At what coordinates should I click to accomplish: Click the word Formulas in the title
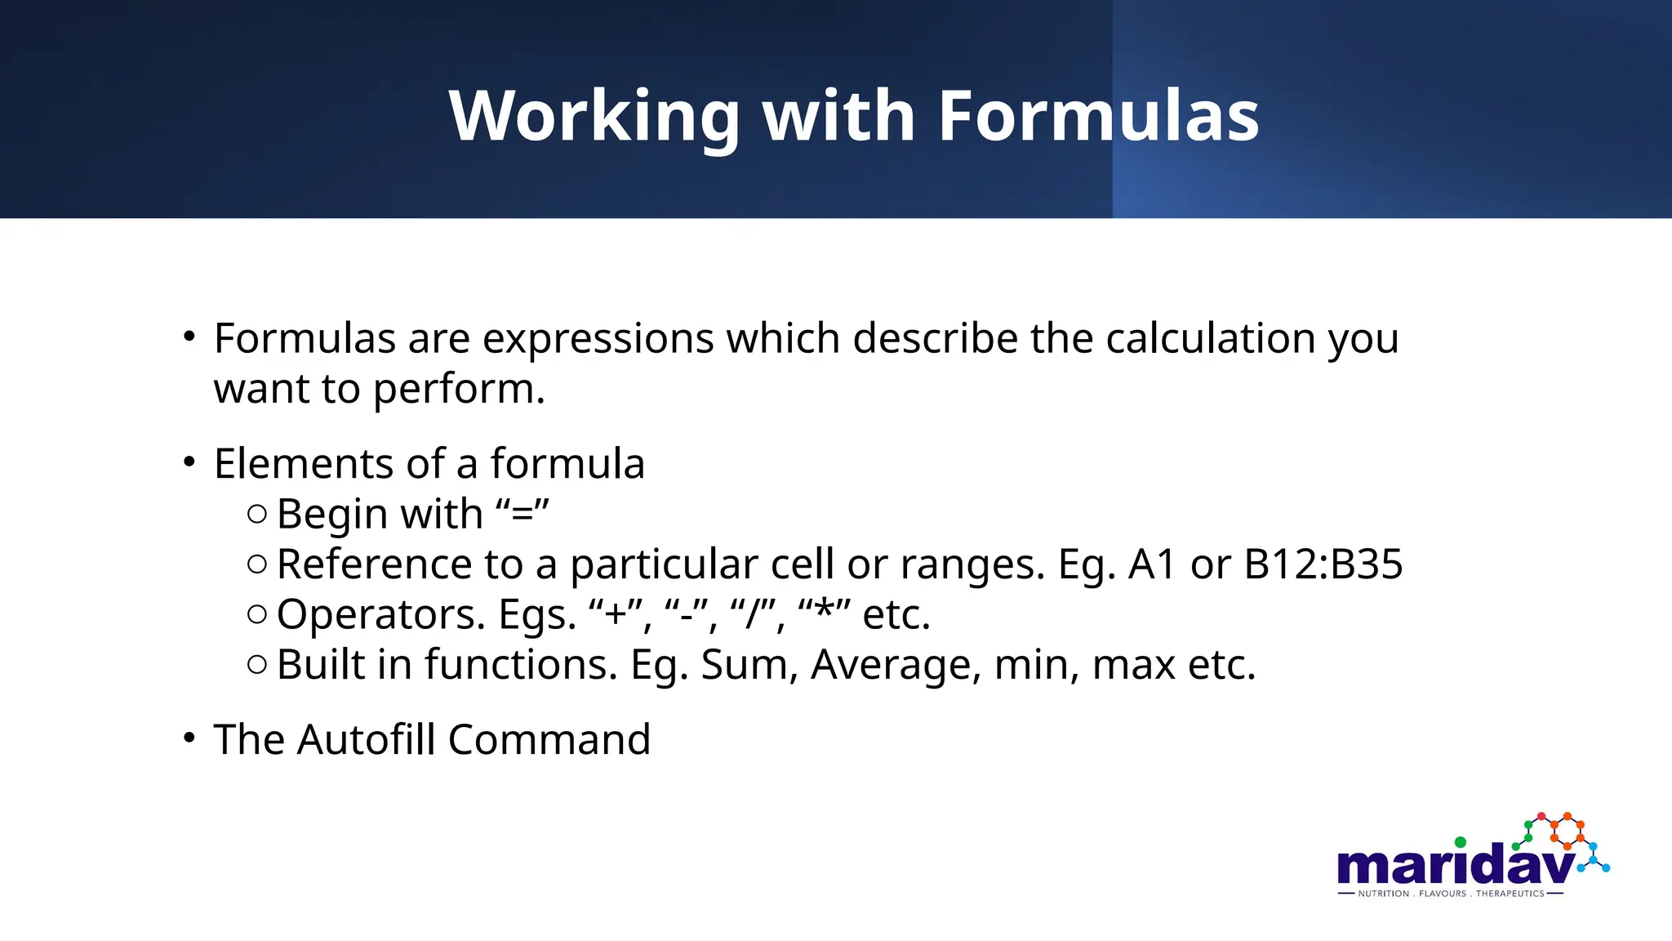point(1097,116)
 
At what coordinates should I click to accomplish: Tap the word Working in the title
point(594,116)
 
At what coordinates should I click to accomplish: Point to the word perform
point(459,389)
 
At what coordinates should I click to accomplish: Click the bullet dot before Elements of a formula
point(189,462)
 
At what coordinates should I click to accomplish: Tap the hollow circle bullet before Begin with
point(256,514)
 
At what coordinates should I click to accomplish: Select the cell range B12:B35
point(1323,564)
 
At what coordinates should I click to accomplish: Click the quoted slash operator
point(756,614)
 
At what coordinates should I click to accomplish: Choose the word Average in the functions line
point(895,665)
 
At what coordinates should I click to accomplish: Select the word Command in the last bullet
point(549,740)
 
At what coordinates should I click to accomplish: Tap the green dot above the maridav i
point(1460,842)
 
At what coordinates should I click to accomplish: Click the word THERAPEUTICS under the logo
point(1510,894)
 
